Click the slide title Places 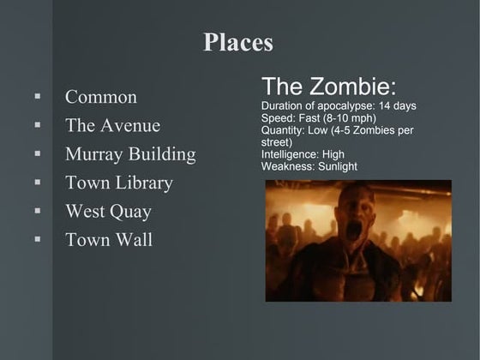238,42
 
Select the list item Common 101,97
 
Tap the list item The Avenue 112,126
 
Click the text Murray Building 130,154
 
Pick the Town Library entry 119,183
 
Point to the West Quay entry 108,212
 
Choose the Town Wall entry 109,240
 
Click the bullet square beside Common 38,97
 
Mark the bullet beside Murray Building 38,154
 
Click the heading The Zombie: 329,87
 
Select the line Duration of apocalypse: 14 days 339,105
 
